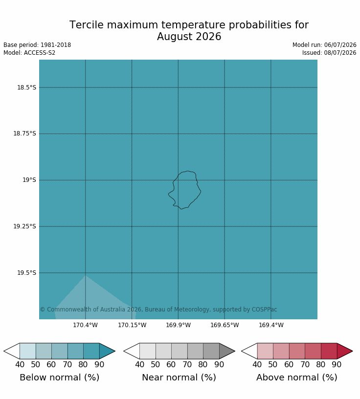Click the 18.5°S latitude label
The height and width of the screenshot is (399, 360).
(x=27, y=88)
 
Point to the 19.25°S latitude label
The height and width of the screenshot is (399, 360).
(x=24, y=226)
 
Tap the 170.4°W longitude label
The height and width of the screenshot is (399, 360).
(x=85, y=325)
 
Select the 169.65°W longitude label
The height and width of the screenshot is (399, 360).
(x=225, y=325)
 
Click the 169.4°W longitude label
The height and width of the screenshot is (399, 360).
(x=271, y=325)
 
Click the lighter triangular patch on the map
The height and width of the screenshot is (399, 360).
(x=94, y=300)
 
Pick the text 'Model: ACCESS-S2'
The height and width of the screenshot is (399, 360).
(x=29, y=53)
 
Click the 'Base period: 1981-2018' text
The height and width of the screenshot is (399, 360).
(x=37, y=45)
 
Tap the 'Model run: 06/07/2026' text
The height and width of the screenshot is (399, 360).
(x=324, y=45)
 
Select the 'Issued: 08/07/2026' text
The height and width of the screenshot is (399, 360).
(x=329, y=53)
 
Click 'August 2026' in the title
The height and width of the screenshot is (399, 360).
(x=189, y=37)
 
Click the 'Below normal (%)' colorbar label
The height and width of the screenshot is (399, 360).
(x=60, y=377)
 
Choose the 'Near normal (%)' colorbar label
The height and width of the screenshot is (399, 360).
(x=179, y=377)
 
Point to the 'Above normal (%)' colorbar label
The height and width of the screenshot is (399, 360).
(x=297, y=377)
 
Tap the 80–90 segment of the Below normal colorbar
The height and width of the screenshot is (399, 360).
(x=91, y=351)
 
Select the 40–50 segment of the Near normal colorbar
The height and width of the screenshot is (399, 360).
(x=148, y=351)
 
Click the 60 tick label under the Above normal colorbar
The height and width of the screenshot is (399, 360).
(x=289, y=365)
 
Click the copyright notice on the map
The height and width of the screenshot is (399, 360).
(x=158, y=310)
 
